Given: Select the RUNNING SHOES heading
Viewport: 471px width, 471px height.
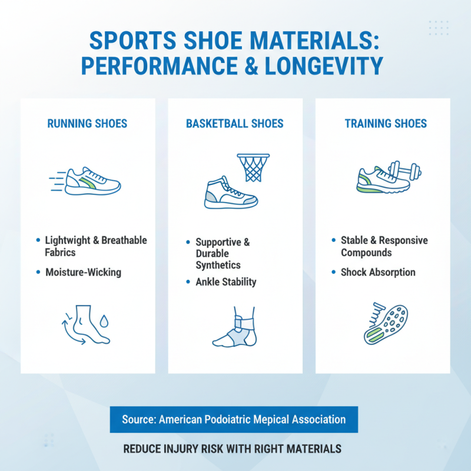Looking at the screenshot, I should [x=87, y=124].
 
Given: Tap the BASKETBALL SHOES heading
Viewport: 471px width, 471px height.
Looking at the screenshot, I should [x=235, y=124].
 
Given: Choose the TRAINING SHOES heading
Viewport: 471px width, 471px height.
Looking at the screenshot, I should [x=386, y=124].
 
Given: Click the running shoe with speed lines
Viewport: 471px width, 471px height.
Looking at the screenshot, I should [x=91, y=181].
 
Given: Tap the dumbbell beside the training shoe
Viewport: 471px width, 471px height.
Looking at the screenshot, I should [x=406, y=173].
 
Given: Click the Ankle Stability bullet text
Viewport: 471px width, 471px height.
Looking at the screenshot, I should [x=226, y=282].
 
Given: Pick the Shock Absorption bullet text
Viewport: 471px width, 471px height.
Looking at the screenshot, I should [x=378, y=273].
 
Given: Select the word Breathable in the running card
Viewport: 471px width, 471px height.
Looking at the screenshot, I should [x=124, y=240].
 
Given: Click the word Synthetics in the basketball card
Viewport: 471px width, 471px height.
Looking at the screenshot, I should [x=218, y=266].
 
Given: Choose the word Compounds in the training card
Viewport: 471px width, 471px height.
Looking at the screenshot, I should [x=366, y=253].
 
